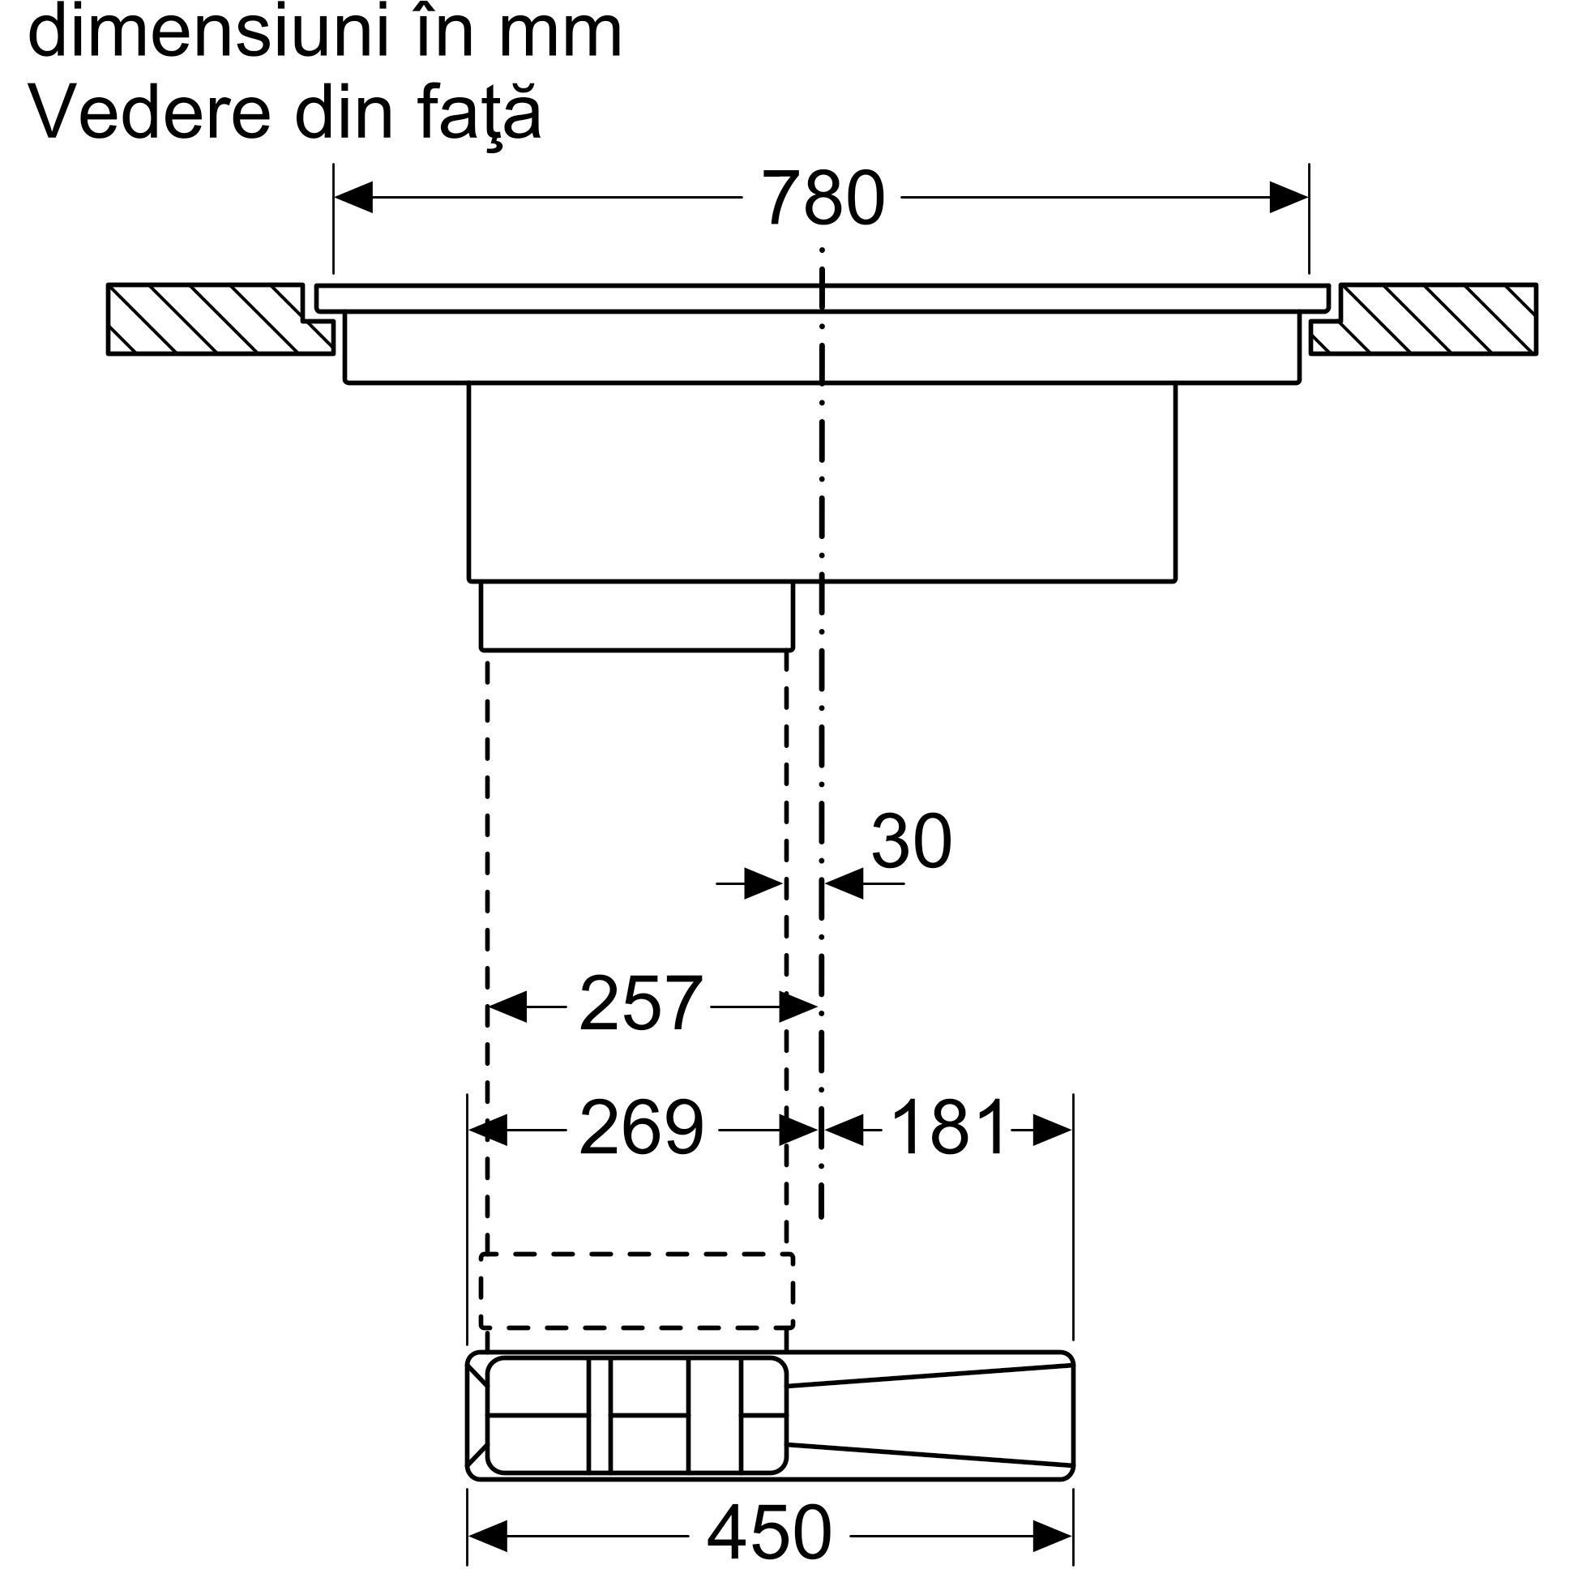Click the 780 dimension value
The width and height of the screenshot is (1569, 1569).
point(823,199)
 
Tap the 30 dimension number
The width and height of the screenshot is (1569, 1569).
point(911,842)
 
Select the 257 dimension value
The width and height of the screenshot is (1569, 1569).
point(640,1005)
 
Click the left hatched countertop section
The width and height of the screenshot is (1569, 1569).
point(220,319)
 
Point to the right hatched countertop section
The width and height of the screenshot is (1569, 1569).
point(1423,319)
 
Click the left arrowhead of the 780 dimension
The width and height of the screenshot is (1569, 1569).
point(353,198)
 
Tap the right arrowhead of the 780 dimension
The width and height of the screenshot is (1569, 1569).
point(1289,198)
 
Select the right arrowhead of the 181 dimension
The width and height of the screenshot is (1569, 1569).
point(1053,1129)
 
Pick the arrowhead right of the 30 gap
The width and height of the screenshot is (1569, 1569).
point(842,883)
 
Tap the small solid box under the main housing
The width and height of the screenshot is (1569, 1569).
point(637,617)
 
